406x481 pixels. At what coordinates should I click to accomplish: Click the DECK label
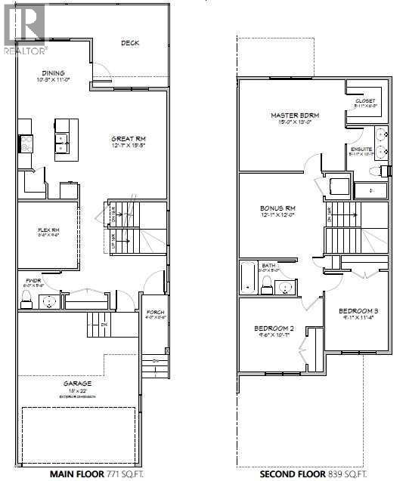coord(130,43)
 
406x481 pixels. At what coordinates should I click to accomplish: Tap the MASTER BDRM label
coord(295,116)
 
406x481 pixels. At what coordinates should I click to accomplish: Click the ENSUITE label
coord(361,150)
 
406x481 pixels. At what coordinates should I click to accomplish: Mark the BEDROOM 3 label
coord(357,312)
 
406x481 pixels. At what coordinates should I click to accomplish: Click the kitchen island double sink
coord(61,138)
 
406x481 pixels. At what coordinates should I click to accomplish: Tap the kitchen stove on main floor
coord(24,143)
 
